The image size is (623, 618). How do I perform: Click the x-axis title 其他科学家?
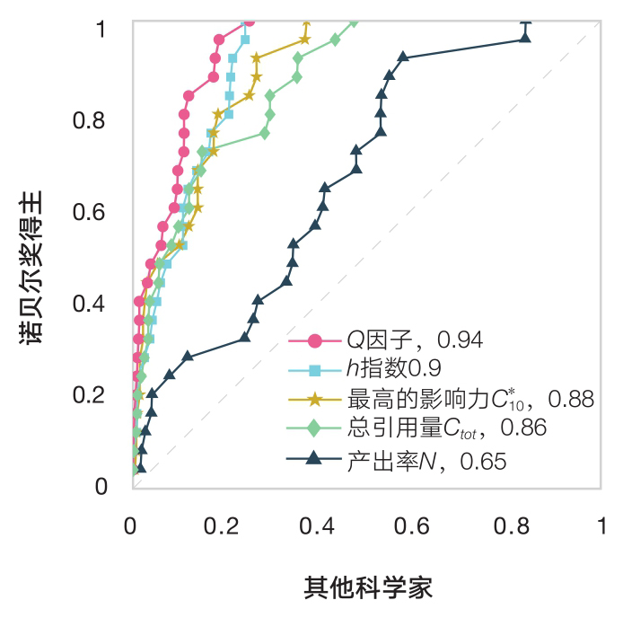pyautogui.click(x=368, y=588)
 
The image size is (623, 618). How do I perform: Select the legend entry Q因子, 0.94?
pyautogui.click(x=416, y=340)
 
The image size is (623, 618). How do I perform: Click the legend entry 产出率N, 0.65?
pyautogui.click(x=426, y=462)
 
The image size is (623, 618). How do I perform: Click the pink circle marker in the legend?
pyautogui.click(x=314, y=340)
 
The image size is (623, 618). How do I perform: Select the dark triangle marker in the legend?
pyautogui.click(x=314, y=460)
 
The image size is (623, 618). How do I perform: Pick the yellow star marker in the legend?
pyautogui.click(x=314, y=399)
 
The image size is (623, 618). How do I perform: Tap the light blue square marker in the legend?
pyautogui.click(x=314, y=369)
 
